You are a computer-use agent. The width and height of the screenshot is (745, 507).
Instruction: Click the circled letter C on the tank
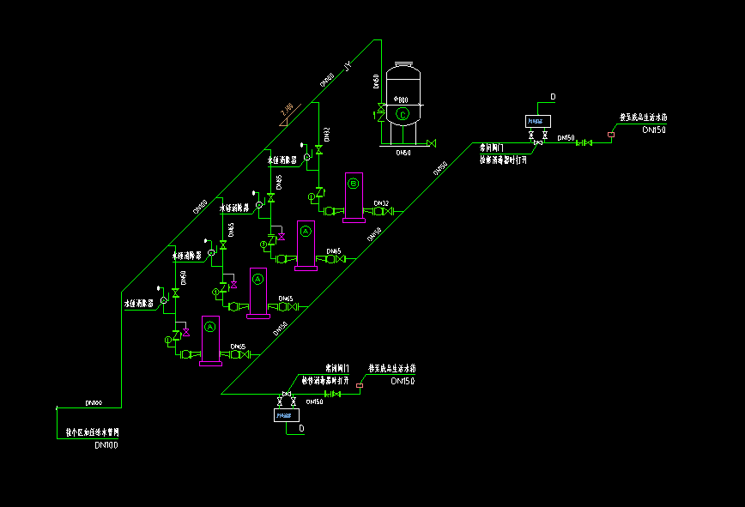403,113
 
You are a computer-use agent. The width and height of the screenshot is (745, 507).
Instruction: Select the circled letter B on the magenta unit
353,182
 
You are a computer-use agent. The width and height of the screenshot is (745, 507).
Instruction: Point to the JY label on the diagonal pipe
348,66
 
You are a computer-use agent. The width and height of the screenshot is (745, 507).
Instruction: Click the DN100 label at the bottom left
106,445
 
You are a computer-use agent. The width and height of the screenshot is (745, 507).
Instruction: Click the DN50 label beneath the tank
403,153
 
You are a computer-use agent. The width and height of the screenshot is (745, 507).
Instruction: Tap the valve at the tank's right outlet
431,142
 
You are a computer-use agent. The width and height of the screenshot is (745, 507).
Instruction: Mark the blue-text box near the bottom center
284,416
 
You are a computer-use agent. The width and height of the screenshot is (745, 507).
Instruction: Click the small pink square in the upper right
610,134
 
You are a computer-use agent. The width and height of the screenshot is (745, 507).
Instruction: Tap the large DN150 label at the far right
653,130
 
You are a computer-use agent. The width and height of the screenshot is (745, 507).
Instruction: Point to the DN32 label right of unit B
381,203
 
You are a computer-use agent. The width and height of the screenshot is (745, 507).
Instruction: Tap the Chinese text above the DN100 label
92,432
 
